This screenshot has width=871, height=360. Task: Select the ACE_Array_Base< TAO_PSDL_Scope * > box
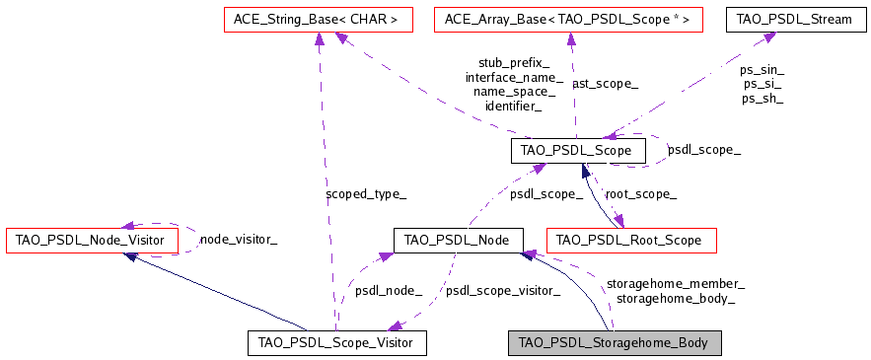(568, 18)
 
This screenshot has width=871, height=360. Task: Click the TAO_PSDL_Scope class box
(578, 151)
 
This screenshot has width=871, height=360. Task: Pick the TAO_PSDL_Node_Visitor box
(92, 240)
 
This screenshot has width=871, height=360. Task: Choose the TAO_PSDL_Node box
(458, 240)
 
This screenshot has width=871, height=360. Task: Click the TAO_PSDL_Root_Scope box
(631, 240)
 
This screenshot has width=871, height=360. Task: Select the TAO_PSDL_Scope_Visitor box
(336, 342)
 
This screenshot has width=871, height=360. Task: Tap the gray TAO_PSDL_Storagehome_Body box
(615, 342)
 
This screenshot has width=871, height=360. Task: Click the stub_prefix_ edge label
(514, 62)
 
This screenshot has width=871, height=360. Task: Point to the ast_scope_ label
(605, 85)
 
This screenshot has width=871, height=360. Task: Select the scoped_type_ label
(365, 194)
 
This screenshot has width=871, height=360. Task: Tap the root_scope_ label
(640, 194)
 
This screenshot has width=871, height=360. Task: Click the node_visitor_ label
(238, 239)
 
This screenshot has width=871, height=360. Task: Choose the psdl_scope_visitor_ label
(503, 290)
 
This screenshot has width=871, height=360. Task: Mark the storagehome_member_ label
(675, 283)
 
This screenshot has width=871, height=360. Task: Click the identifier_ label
(513, 105)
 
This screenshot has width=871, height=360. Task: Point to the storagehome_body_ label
(675, 297)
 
